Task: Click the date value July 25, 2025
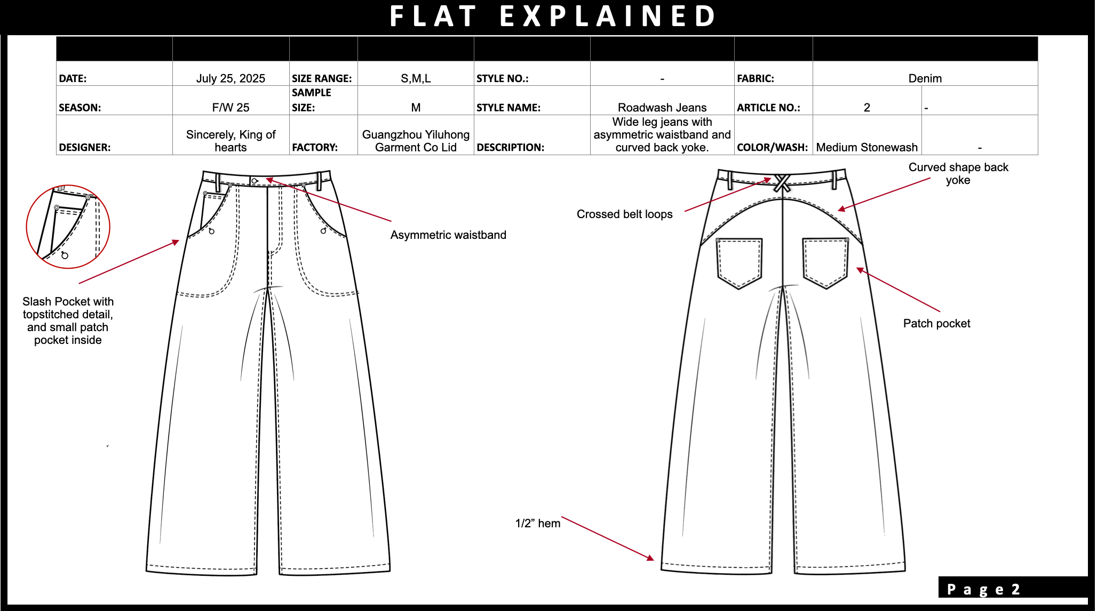[x=230, y=78]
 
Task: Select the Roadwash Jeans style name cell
[x=662, y=107]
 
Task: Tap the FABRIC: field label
[x=755, y=78]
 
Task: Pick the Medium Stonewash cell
[x=867, y=147]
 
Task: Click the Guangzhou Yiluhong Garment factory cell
[x=416, y=141]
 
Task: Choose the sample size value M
[x=416, y=107]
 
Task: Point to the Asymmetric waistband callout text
[x=448, y=235]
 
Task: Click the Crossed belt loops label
[x=624, y=214]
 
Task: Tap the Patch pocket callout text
[x=936, y=323]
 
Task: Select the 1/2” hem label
[x=537, y=523]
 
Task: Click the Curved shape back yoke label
[x=958, y=173]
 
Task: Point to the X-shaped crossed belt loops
[x=782, y=183]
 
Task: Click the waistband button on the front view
[x=255, y=181]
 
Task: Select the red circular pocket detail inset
[x=68, y=227]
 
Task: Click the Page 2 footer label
[x=983, y=589]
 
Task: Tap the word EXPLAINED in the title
[x=608, y=16]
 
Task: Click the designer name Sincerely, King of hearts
[x=230, y=141]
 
